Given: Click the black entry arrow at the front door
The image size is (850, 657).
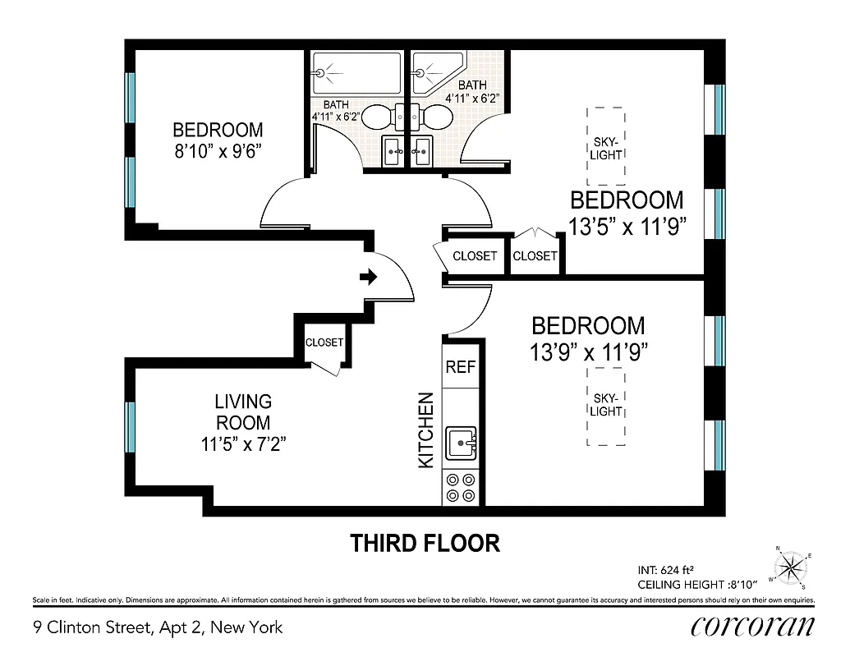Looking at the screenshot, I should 369,278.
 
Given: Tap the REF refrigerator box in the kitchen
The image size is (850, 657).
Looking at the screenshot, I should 460,367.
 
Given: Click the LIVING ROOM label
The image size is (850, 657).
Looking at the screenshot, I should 242,412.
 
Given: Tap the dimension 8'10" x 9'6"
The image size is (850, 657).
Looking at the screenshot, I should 218,153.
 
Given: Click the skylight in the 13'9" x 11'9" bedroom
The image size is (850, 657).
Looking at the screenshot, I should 606,405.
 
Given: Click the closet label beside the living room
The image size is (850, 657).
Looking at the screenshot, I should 324,342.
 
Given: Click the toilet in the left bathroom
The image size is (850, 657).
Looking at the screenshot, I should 379,118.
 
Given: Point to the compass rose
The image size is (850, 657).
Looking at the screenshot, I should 791,566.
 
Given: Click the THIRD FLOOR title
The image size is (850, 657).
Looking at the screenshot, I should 425,543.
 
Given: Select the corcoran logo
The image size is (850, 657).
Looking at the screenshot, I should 753,626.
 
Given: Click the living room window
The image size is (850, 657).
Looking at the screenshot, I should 130,427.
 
